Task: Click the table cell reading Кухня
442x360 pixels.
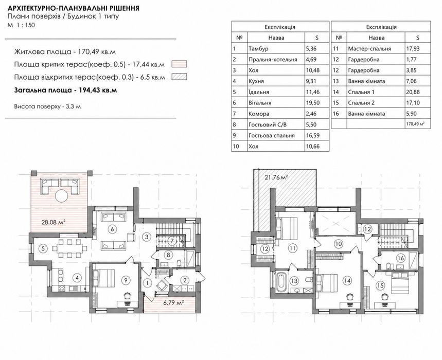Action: (276, 81)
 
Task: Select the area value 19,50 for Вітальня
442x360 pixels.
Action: (317, 103)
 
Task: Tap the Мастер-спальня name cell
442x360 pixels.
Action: (376, 49)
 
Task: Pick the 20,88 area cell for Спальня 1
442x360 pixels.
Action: (417, 92)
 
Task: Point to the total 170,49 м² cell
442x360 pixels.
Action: (417, 124)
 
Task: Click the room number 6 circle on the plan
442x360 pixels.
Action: (112, 229)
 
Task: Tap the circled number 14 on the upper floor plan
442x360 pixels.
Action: (347, 280)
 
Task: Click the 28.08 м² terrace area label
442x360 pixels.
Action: (54, 222)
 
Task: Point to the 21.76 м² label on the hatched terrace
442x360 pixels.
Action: (276, 177)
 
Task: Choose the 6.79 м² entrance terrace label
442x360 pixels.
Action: (174, 303)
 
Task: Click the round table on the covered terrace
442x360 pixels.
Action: (61, 196)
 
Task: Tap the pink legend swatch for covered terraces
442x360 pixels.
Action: (179, 64)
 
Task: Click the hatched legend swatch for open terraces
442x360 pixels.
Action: (179, 77)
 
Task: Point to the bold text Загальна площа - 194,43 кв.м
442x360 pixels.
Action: (65, 90)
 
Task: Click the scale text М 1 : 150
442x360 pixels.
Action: (22, 25)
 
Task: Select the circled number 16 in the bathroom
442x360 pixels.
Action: (400, 258)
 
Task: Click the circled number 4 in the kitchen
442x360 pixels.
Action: (76, 278)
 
